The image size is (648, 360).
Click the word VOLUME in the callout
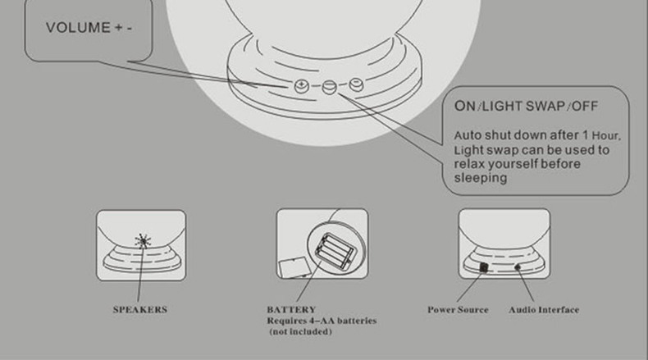78,28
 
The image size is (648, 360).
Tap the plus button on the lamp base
302,86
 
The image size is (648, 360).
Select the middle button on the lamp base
330,87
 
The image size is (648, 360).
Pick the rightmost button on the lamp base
356,84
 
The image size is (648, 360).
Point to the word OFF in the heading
585,107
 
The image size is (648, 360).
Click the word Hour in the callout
606,135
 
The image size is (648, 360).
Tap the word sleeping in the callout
481,178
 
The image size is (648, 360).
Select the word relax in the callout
469,164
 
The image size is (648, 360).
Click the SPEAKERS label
140,310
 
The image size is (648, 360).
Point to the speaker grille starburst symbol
143,241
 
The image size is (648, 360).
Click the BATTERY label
291,310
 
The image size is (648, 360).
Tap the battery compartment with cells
335,250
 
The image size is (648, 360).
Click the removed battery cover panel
294,267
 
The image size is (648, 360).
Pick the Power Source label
458,310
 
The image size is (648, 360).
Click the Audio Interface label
544,310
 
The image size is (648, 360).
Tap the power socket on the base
483,267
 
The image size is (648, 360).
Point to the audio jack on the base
518,267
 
